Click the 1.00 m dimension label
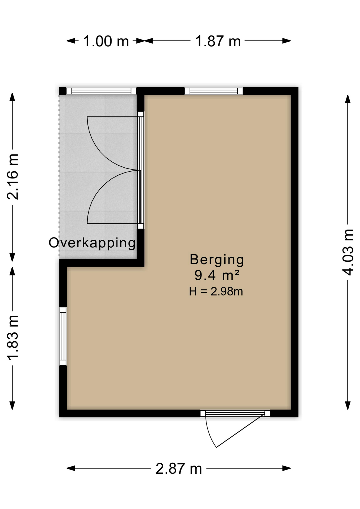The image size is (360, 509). pos(106,41)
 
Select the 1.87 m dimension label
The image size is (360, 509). pos(218,41)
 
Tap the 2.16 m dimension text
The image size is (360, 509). pos(13,177)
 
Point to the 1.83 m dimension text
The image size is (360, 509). pos(13,337)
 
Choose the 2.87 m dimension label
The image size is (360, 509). pos(179,469)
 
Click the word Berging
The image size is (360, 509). pos(217,260)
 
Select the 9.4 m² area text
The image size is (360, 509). pos(217,275)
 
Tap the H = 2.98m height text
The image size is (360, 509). pos(216,291)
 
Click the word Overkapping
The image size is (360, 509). pos(92,243)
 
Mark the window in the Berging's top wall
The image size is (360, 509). pos(214,91)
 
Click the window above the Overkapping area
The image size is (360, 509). pos(101,91)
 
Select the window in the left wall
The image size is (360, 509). pos(63,336)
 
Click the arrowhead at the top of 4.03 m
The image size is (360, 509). pos(348,99)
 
